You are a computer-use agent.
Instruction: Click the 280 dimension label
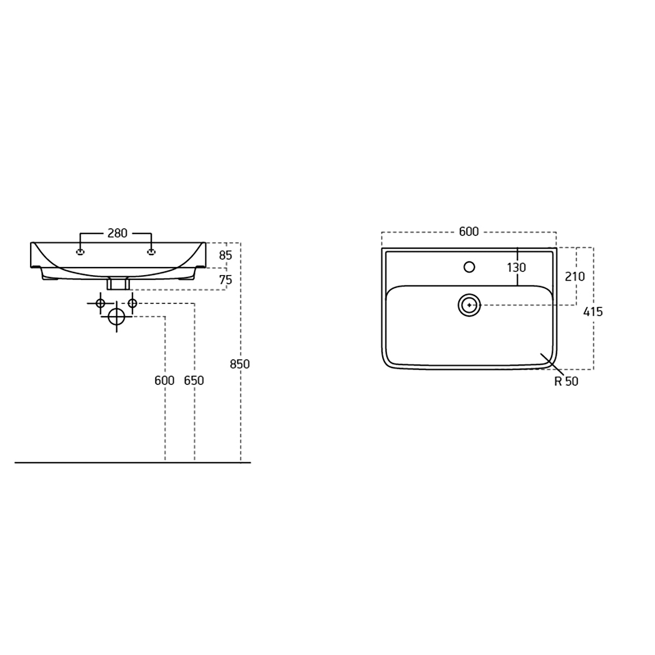[x=117, y=233]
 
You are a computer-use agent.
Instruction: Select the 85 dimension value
[x=225, y=255]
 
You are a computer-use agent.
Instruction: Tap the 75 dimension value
[x=225, y=280]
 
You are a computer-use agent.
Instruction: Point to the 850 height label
[x=240, y=364]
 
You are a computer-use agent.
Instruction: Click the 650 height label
[x=194, y=380]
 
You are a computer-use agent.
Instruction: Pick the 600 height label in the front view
[x=164, y=380]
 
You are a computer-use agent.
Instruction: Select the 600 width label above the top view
[x=469, y=231]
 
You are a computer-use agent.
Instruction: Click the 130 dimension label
[x=516, y=268]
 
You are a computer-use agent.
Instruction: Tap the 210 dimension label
[x=575, y=277]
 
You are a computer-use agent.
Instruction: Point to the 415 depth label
[x=593, y=312]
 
